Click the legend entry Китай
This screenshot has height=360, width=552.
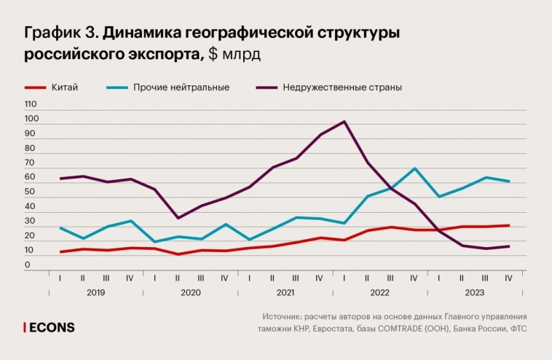click(x=65, y=87)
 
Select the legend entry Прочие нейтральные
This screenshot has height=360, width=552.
click(x=181, y=87)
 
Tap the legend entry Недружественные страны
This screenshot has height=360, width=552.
click(x=342, y=87)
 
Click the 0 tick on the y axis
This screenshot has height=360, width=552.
click(x=28, y=265)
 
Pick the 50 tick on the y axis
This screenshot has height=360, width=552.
click(x=30, y=192)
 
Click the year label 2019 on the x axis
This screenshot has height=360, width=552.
click(x=95, y=292)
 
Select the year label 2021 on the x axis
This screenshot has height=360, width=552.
click(x=285, y=292)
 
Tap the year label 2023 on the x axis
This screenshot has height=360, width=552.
click(x=473, y=292)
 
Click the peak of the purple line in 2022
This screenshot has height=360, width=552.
click(x=344, y=122)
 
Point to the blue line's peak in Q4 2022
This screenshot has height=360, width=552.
click(x=414, y=168)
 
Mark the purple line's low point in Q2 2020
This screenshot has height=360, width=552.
click(x=178, y=218)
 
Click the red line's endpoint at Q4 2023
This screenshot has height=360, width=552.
click(x=508, y=225)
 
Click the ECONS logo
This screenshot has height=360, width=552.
click(x=50, y=328)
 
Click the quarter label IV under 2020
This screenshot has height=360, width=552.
click(x=224, y=278)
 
